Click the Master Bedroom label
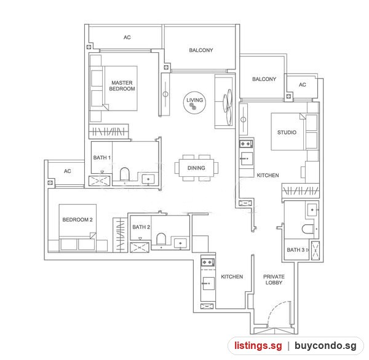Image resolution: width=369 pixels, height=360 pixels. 122,85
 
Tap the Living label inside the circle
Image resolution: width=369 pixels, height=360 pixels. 194,100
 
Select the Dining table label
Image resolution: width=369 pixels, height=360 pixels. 196,168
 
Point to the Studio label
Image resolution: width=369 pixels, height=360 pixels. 287,132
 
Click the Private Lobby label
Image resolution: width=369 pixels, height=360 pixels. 274,280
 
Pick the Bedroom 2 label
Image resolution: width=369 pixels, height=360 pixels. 77,219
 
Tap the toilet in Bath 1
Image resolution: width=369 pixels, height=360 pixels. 124,174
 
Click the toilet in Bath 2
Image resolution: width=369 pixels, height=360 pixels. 161,239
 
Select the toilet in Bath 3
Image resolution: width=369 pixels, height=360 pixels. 307,229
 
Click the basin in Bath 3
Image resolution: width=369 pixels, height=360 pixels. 312,209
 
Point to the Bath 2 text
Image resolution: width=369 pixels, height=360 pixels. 141,227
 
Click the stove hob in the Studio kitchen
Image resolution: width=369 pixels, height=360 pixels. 246,144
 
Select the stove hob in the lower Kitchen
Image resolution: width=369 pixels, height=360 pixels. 207,262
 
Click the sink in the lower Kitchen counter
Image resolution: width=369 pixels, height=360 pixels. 208,283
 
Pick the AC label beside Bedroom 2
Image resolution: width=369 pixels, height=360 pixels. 68,171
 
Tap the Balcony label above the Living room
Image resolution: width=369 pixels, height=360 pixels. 201,50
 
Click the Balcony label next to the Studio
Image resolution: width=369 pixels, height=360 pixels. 264,79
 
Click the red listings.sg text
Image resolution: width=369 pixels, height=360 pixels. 258,346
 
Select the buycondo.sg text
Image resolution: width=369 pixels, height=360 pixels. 325,346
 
